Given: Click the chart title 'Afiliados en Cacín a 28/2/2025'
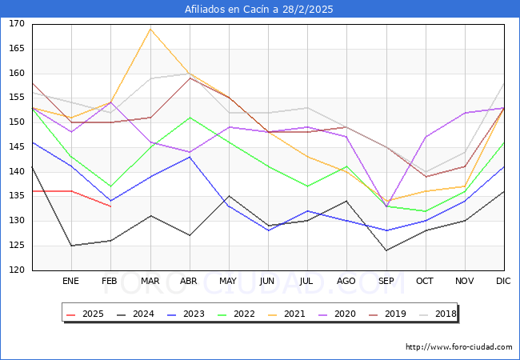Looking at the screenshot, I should coord(259,10).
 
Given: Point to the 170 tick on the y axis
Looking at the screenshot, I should coord(16,24).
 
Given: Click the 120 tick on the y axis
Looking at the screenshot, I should coord(16,270).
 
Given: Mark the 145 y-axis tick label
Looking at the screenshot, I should coord(16,147).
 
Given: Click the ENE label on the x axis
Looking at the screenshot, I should coord(70,281).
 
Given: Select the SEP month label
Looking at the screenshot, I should coord(386,281).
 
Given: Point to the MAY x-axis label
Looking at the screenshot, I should coord(228,281).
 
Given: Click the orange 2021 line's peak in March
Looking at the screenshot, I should coord(150,29).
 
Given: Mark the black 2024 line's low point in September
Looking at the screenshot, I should coord(386,250).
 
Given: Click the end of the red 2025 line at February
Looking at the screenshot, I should coord(110,206).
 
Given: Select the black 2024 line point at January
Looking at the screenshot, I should coord(71,246).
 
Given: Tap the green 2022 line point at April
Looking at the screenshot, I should coord(189,118).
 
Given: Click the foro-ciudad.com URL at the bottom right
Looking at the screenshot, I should coord(458,347).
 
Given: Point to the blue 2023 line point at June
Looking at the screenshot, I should coord(268,230).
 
